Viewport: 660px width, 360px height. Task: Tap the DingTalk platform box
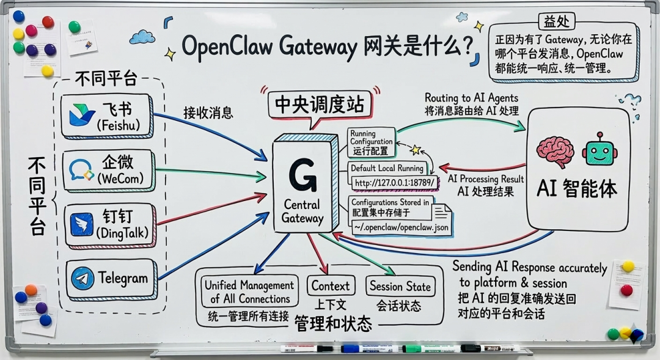[x=108, y=224]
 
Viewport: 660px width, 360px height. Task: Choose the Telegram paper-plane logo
[x=82, y=279]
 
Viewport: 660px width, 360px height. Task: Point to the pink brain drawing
[x=555, y=151]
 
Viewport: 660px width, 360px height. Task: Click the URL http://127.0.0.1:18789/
[x=395, y=182]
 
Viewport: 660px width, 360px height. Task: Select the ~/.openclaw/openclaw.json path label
[x=401, y=227]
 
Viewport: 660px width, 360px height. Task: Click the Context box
[x=331, y=285]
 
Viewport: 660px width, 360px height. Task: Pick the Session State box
[x=400, y=286]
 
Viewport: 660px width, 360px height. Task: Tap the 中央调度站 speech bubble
[x=319, y=105]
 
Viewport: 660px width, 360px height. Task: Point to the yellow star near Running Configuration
[x=416, y=149]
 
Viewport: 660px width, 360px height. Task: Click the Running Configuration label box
[x=372, y=142]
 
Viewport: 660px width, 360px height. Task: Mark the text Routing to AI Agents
[x=471, y=98]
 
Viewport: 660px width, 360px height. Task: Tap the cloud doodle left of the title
[x=142, y=37]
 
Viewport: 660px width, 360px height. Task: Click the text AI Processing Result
[x=486, y=179]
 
